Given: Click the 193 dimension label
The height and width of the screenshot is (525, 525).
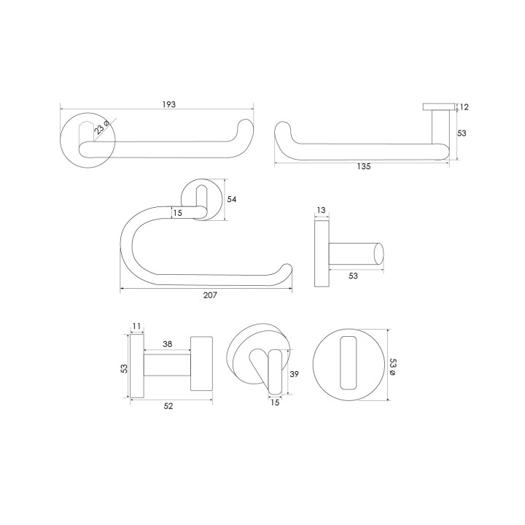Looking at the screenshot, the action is click(168, 104).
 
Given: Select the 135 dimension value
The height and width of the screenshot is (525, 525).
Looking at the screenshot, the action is click(364, 166).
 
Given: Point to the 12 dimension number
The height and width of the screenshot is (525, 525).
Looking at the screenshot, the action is click(464, 107).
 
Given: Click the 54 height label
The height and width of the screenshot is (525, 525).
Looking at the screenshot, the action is click(232, 200).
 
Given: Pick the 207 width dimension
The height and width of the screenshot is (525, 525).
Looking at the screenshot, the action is click(210, 295).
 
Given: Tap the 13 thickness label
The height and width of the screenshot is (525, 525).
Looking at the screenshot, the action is click(321, 210).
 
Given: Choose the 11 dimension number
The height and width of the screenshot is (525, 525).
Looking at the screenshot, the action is click(136, 326).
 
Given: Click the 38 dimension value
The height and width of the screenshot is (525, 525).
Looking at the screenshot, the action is click(168, 344).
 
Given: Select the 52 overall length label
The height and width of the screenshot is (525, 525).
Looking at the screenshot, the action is click(168, 406).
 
